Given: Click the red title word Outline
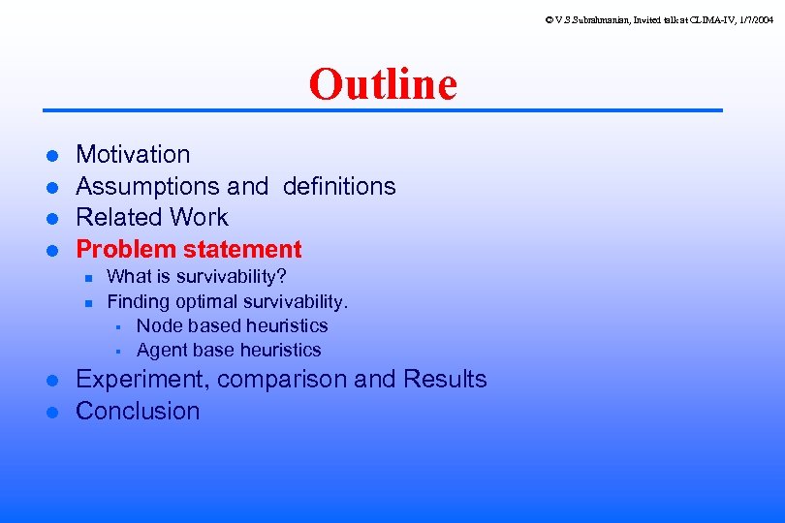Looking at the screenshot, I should click(383, 84).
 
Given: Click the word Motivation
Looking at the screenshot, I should click(133, 154).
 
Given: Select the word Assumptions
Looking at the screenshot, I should click(147, 186).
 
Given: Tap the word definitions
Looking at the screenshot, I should click(339, 186).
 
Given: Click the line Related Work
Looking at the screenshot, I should click(152, 217).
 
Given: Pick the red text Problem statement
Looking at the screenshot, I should click(189, 249).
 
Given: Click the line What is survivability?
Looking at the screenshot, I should click(196, 277).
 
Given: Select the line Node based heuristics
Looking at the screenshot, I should click(232, 325).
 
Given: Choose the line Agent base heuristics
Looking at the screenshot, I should click(229, 350).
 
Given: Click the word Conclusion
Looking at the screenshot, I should click(138, 411).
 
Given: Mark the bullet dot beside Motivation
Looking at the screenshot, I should click(54, 155).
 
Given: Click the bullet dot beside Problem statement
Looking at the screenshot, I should click(54, 250).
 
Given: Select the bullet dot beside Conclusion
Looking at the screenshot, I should click(54, 412).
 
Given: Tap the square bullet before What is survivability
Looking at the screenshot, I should click(86, 278).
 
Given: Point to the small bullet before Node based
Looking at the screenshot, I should click(116, 326).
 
